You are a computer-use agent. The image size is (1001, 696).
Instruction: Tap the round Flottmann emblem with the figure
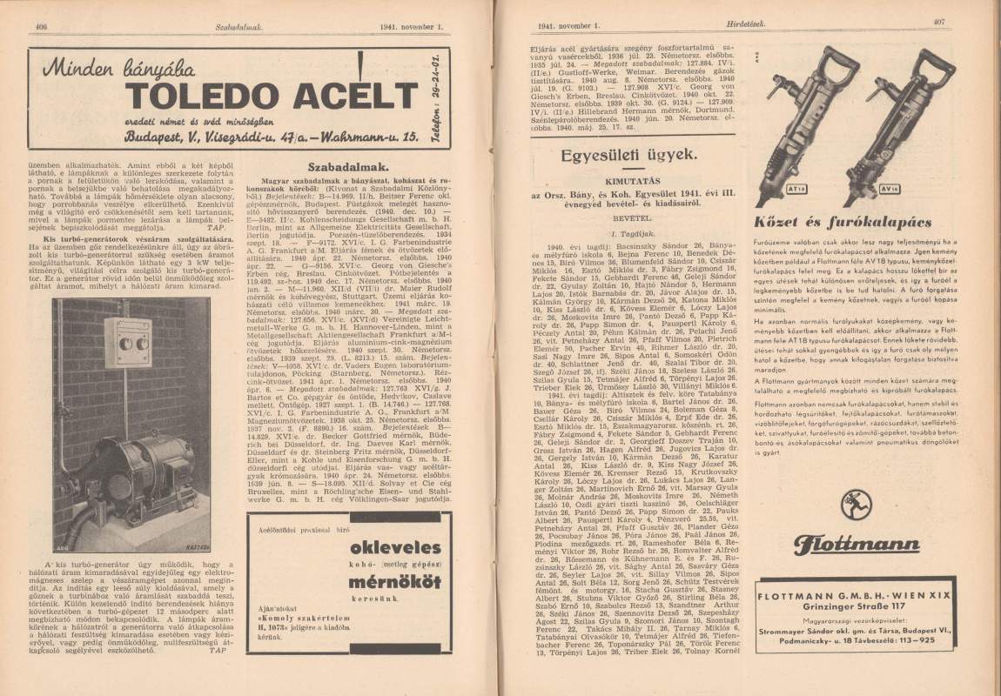point(857,506)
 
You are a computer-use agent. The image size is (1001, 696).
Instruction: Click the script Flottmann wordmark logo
point(857,545)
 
